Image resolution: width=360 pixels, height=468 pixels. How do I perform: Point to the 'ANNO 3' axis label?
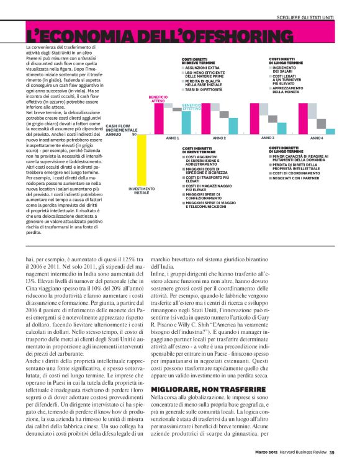[268, 138]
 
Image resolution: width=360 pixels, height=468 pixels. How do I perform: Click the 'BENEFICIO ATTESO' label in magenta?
[158, 99]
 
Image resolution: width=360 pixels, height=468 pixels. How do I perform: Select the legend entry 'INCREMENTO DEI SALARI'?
[286, 71]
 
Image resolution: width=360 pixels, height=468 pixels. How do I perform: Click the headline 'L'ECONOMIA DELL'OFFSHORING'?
[160, 35]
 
